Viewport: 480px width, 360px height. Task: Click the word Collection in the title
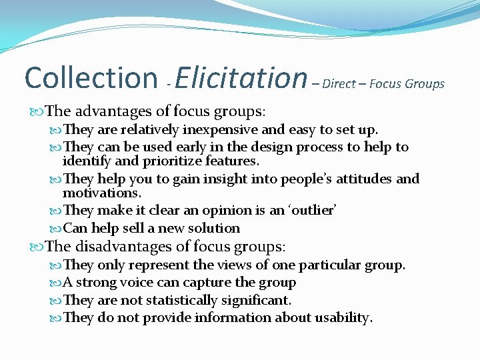click(89, 78)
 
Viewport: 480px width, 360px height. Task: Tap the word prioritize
click(176, 161)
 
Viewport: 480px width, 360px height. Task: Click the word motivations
click(101, 193)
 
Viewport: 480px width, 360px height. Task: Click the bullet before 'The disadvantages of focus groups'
click(35, 247)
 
